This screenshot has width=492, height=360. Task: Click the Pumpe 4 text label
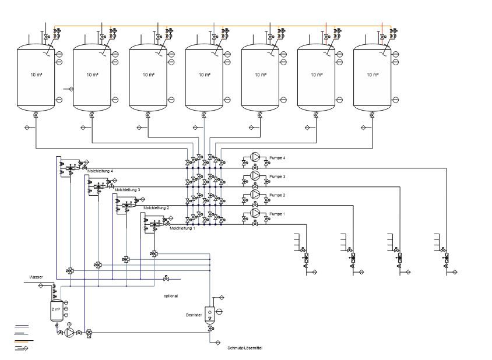(x=277, y=158)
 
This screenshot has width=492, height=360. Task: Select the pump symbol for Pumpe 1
(x=255, y=213)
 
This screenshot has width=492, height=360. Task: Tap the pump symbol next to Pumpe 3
(x=255, y=175)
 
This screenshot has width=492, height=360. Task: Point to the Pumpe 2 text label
(x=277, y=195)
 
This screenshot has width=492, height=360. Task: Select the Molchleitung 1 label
(x=182, y=228)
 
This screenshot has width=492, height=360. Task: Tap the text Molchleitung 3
(x=128, y=189)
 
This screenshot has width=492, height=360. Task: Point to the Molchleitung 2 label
(x=156, y=207)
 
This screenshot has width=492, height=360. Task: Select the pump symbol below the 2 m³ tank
(x=69, y=332)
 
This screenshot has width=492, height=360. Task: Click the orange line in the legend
(x=24, y=340)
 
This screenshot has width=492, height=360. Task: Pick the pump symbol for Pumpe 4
(x=255, y=157)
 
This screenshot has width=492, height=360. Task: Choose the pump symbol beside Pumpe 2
(x=255, y=194)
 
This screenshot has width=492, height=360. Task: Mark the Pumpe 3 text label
(x=277, y=177)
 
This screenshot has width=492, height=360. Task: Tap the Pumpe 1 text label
(x=277, y=214)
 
